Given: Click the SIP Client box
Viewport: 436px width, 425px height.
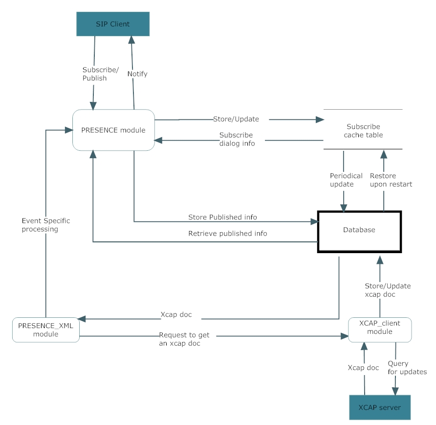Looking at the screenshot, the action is [x=113, y=24].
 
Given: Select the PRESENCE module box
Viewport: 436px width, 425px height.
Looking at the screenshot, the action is [x=113, y=130].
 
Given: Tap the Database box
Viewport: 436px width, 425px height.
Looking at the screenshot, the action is [x=359, y=232].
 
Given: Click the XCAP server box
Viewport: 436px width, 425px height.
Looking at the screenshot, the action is [x=380, y=407].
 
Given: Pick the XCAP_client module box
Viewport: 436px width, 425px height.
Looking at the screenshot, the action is [x=380, y=330].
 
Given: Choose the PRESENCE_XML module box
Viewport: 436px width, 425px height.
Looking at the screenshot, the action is [x=46, y=330].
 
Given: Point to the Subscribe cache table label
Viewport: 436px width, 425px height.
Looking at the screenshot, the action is [x=363, y=131].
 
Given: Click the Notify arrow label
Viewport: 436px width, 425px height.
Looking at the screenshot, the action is [x=137, y=74].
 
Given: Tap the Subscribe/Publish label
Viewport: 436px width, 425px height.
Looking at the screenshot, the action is [x=100, y=74].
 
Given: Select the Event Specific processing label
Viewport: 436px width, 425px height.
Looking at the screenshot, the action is [x=46, y=225].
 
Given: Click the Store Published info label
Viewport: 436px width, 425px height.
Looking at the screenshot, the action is [x=222, y=217].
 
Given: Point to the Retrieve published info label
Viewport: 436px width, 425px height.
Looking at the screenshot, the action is [x=227, y=234].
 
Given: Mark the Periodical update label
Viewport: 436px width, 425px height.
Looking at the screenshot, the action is [x=346, y=180].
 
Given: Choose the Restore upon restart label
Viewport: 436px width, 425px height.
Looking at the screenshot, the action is [x=391, y=180].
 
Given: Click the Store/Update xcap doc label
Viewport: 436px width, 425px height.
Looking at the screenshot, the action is [x=388, y=290].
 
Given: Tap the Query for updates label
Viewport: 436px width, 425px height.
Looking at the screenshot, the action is [x=407, y=368].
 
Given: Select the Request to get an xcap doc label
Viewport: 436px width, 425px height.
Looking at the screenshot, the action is [x=184, y=339].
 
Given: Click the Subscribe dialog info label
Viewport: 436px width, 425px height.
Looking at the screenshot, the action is [x=237, y=139].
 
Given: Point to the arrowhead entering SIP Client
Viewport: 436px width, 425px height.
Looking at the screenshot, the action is [x=131, y=40].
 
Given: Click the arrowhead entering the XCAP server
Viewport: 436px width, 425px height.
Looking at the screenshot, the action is [x=395, y=391].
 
